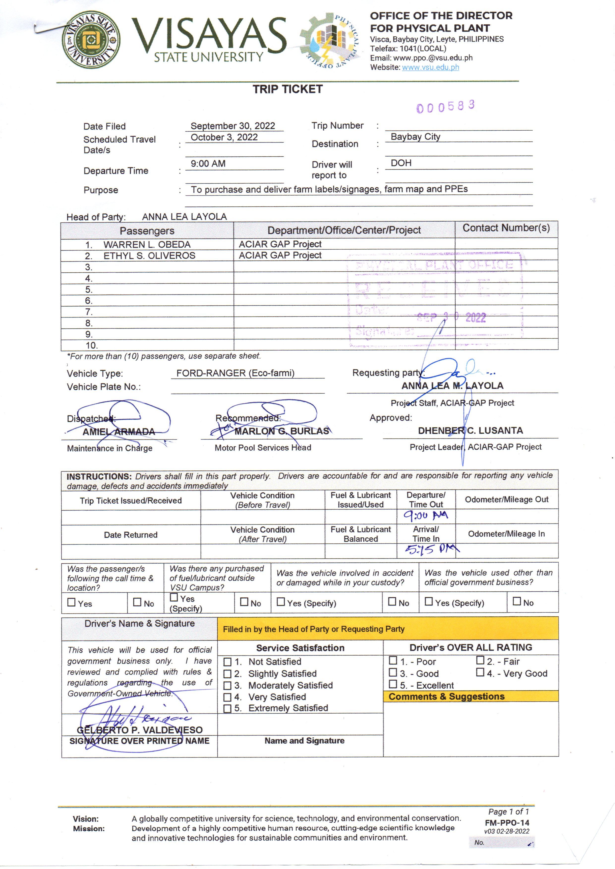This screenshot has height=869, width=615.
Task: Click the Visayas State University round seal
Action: pos(91,40)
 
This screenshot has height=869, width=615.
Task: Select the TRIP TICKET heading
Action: pos(288,89)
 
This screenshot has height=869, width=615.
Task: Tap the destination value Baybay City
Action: pos(415,137)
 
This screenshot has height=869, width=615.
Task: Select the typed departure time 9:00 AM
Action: pos(208,164)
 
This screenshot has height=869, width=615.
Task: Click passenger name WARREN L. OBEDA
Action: pos(147,245)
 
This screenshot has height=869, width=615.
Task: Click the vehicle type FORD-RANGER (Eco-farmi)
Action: pos(235,373)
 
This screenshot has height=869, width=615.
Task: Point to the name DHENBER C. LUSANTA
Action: pos(470,431)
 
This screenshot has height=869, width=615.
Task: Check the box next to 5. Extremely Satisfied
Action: pos(227,708)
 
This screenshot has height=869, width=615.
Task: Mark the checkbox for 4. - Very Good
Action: pos(480,672)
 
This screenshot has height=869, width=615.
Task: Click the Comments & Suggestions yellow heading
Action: pos(446,696)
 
